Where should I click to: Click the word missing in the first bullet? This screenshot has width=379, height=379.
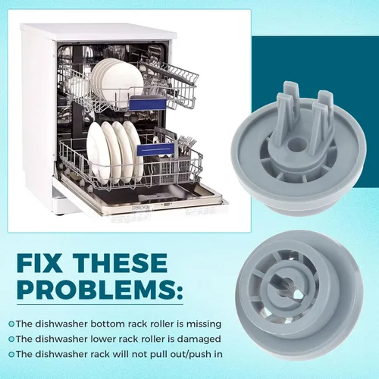(x=204, y=324)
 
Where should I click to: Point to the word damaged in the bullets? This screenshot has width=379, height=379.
(x=199, y=339)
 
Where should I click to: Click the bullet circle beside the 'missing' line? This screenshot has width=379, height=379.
(x=11, y=324)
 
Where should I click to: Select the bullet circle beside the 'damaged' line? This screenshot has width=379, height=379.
(x=11, y=339)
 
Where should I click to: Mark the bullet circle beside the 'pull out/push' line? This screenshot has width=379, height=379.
(x=11, y=355)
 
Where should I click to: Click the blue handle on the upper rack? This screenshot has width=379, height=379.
(x=148, y=104)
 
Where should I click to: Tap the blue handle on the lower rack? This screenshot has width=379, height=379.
(x=156, y=149)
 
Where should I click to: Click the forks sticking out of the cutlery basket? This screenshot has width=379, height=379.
(x=186, y=146)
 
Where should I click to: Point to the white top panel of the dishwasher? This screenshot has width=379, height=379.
(x=99, y=32)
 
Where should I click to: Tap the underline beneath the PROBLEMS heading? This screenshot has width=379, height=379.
(x=100, y=304)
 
